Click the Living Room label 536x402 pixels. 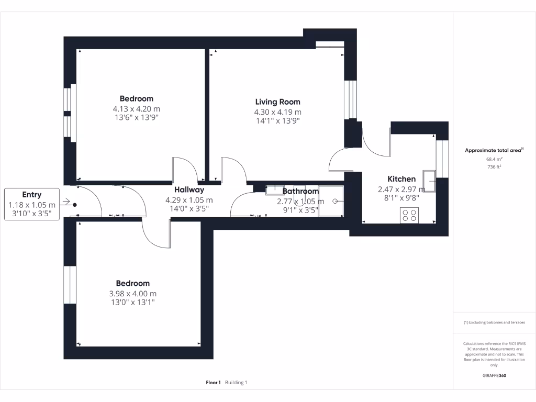click(x=277, y=102)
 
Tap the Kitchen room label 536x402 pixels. click(x=401, y=179)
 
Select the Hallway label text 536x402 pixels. click(x=189, y=189)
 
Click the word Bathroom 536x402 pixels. click(x=300, y=191)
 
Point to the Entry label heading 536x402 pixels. click(x=31, y=194)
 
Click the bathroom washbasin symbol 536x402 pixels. click(x=274, y=189)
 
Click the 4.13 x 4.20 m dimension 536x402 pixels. click(x=136, y=109)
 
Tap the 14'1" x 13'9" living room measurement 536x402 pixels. click(x=277, y=121)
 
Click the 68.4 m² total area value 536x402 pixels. click(x=494, y=160)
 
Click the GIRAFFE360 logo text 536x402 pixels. click(x=494, y=375)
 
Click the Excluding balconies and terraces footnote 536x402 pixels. click(x=494, y=322)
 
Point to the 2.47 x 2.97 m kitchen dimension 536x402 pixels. click(x=401, y=189)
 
